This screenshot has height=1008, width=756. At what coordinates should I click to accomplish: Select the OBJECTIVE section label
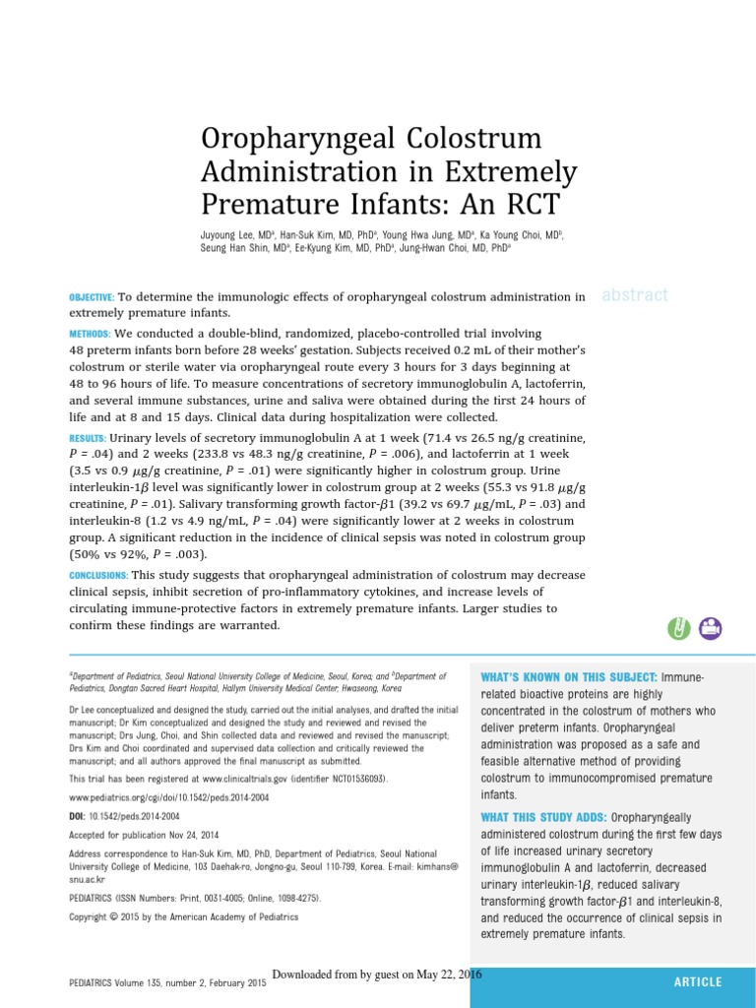[92, 297]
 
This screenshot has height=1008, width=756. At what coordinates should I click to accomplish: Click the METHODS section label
[90, 335]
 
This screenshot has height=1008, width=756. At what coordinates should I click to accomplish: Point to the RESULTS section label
[88, 438]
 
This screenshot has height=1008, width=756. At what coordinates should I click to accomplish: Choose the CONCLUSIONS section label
[98, 576]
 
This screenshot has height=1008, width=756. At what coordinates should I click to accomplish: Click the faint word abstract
[634, 294]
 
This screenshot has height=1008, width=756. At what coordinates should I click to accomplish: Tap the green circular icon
[678, 628]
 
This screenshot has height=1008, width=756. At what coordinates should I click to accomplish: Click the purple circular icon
[710, 628]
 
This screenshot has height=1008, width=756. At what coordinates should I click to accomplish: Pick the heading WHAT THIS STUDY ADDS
[543, 818]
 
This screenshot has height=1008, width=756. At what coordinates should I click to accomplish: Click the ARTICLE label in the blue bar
[698, 982]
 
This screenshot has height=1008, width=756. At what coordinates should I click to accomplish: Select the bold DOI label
[77, 816]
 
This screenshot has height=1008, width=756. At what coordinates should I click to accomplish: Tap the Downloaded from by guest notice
[377, 974]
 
